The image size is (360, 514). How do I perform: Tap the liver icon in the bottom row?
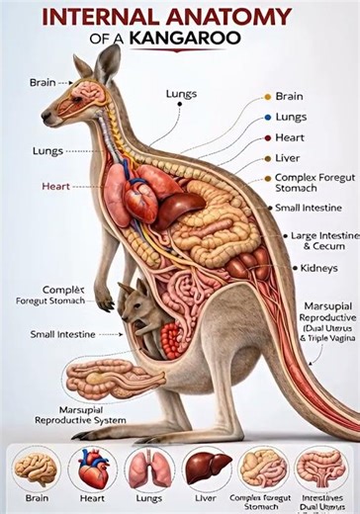[206, 467]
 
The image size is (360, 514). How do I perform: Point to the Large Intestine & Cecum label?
[322, 241]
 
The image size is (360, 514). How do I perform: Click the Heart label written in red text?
[55, 185]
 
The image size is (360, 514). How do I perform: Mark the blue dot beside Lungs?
[267, 117]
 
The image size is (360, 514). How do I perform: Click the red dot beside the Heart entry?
[267, 137]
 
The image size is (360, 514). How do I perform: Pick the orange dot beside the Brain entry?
[267, 97]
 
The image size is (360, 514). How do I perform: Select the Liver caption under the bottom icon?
[206, 498]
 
